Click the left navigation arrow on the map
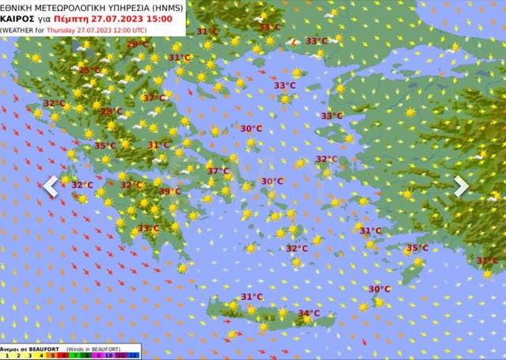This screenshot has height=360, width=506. click(51, 187)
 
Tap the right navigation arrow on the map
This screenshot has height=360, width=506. click(461, 186)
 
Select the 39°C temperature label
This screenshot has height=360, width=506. click(170, 191)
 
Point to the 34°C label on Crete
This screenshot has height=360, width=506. click(308, 313)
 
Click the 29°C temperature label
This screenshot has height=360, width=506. click(137, 44)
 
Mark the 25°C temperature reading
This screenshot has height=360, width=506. click(89, 70)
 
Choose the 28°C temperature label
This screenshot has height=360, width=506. click(112, 112)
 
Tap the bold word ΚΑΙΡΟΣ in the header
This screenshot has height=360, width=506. click(18, 18)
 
